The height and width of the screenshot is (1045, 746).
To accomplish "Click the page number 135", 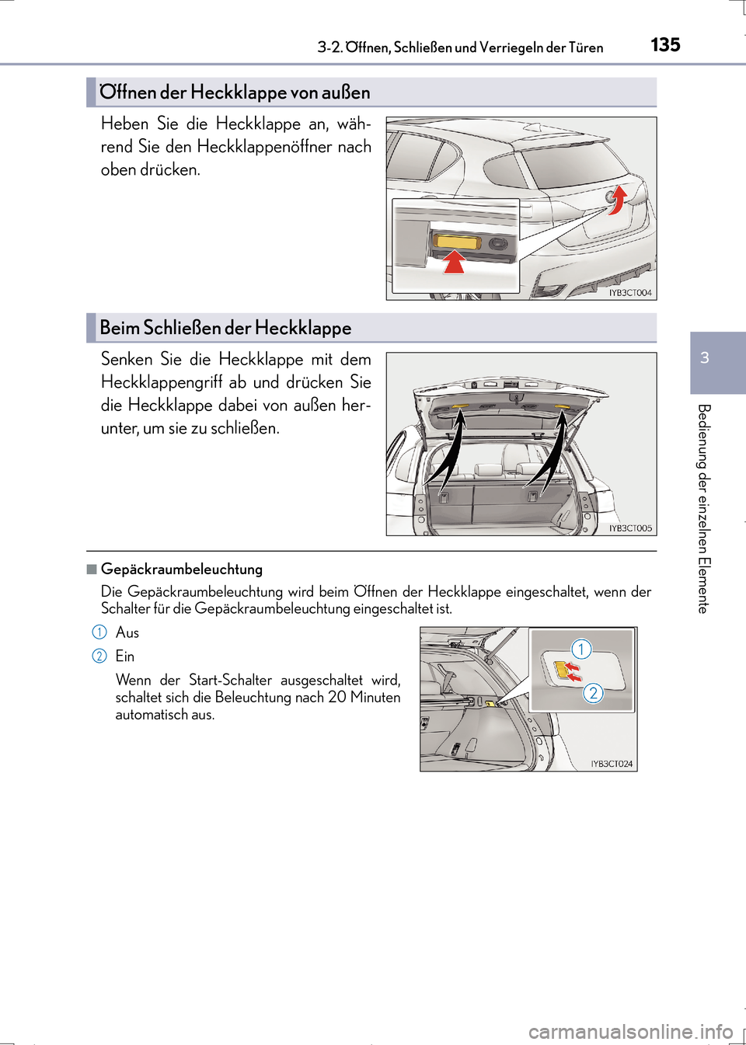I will [665, 45].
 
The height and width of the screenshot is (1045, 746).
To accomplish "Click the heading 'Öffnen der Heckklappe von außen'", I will [235, 92].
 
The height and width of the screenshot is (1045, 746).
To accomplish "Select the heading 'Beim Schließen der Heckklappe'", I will [225, 328].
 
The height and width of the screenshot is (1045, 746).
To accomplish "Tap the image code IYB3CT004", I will [630, 293].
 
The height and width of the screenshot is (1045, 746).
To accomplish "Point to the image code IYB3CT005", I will [630, 528].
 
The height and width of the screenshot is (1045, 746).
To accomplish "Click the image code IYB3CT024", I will [612, 764].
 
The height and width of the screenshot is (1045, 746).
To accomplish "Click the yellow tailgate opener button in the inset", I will [459, 242].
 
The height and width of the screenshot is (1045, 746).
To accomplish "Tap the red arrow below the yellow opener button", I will [454, 262].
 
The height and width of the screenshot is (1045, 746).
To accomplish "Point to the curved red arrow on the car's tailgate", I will [617, 199].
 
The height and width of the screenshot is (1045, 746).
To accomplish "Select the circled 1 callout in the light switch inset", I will [581, 649].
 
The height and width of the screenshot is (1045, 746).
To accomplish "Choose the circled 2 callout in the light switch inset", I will [593, 693].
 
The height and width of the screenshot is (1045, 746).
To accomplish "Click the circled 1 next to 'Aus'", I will [99, 632].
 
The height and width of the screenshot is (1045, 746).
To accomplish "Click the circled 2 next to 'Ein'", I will [99, 656].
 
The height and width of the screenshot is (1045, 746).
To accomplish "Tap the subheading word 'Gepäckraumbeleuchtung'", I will [182, 570].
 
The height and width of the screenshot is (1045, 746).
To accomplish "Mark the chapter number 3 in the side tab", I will [705, 357].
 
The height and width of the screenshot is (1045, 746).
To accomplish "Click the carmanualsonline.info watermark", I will [630, 1032].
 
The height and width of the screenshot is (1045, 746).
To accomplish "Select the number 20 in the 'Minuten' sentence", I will [337, 697].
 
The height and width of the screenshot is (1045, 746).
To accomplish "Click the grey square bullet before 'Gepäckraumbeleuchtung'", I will [92, 570].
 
